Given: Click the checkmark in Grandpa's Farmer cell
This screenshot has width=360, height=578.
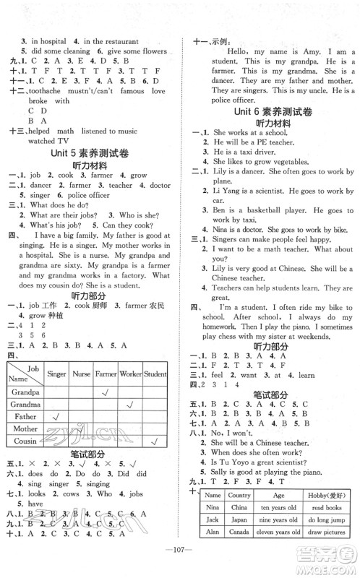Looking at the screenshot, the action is click(106, 391).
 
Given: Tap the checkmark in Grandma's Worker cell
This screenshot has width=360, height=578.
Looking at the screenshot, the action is click(130, 403).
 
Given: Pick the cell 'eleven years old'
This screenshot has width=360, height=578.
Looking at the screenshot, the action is click(278, 530).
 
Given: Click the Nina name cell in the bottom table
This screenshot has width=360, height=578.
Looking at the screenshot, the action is click(210, 507).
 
